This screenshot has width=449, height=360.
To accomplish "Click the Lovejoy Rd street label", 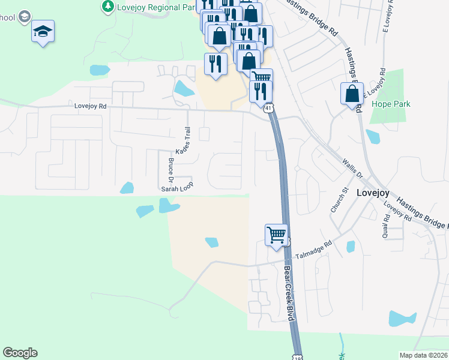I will [91, 106].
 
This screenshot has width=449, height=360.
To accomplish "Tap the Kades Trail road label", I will [182, 140].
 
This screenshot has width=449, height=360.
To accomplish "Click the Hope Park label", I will [391, 104].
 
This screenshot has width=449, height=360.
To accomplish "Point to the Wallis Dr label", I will [352, 168].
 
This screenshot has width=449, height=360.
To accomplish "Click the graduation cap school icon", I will [43, 31].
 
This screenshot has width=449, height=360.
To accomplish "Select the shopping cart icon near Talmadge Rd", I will [277, 235].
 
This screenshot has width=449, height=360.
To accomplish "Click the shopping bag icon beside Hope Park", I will [352, 94].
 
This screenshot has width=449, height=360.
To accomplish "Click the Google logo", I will [20, 353].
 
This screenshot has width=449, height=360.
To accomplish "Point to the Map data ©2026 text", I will [423, 355].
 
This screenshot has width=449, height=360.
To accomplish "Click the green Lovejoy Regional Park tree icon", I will [107, 6].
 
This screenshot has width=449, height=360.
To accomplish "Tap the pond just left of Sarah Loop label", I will [127, 188].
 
